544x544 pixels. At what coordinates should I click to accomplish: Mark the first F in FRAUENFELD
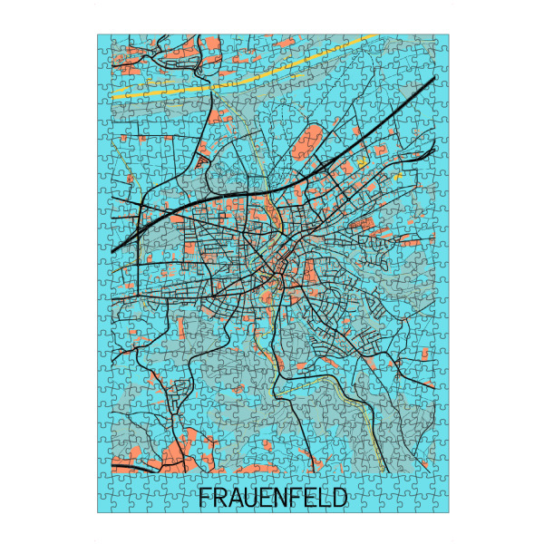click(204, 498)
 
